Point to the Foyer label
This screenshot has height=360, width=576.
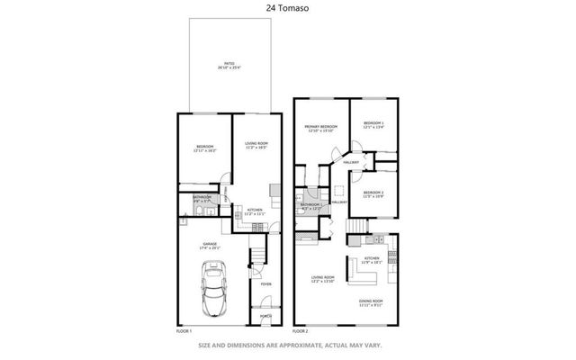[x=265, y=285]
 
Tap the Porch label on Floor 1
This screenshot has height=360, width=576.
[x=265, y=316]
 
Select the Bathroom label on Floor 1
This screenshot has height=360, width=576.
[x=202, y=198]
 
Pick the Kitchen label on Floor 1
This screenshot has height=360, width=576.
[x=254, y=212]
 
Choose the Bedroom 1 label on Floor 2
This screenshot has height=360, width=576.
[x=373, y=125]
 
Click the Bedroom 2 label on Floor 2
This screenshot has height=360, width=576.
[x=373, y=194]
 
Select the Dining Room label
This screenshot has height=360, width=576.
[x=371, y=302]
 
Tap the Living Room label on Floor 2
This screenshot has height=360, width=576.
[x=322, y=279]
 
